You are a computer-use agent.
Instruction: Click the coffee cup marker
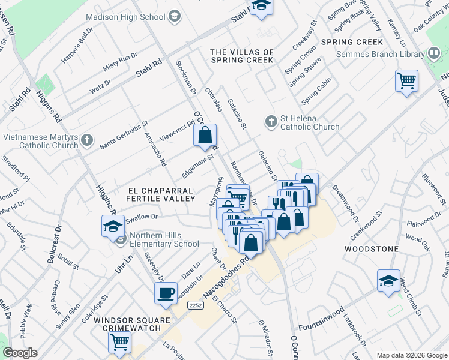click(166, 293)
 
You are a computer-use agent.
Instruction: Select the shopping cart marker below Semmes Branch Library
click(406, 80)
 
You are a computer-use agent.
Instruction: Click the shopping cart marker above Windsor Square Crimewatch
click(119, 342)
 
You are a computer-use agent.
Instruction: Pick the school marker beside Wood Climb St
click(388, 281)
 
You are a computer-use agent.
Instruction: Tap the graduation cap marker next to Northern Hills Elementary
click(113, 227)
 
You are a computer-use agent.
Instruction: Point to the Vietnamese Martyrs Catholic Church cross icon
click(88, 141)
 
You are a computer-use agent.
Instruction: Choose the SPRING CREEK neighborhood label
click(352, 42)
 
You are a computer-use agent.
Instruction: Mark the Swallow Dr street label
click(141, 217)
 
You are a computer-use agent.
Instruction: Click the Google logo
click(20, 353)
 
